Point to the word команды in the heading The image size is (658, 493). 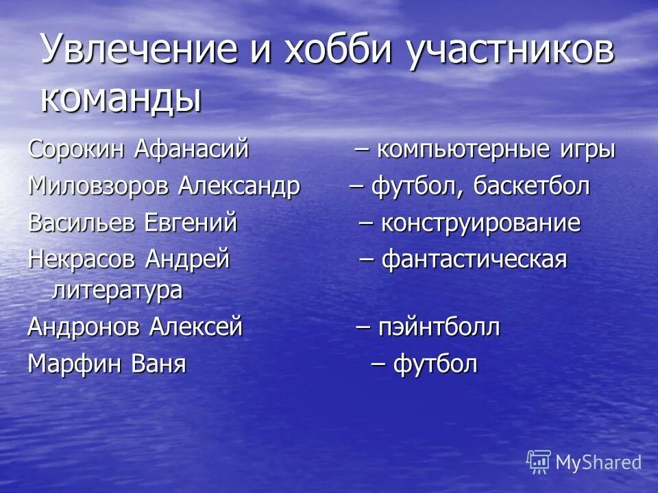121,98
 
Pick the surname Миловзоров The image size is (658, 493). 99,186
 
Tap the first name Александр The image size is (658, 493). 239,186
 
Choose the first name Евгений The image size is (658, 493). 191,223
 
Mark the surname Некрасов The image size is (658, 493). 82,260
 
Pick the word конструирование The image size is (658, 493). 480,223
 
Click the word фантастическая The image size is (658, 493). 474,260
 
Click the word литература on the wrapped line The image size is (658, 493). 117,290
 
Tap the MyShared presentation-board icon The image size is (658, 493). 538,462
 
